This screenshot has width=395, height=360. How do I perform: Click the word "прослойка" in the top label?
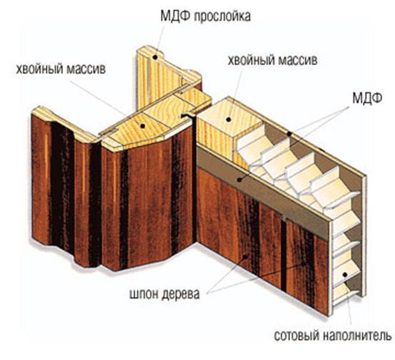[223, 16]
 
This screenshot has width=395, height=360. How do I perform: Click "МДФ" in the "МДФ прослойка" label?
[175, 16]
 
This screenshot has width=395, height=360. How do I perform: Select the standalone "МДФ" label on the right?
[367, 98]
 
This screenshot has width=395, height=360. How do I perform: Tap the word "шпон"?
[144, 293]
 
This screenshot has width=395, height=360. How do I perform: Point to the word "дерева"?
[180, 293]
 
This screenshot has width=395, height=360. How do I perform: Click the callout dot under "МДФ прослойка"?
[155, 57]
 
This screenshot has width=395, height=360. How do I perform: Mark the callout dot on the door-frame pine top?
[143, 126]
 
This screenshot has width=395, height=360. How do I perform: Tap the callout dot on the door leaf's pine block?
[228, 120]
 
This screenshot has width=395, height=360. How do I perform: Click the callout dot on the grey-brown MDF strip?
[239, 180]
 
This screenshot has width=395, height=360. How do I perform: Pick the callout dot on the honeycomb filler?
[345, 274]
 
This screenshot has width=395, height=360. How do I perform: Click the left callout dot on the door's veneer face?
[245, 256]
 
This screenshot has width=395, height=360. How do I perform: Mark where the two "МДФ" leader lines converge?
[349, 107]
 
